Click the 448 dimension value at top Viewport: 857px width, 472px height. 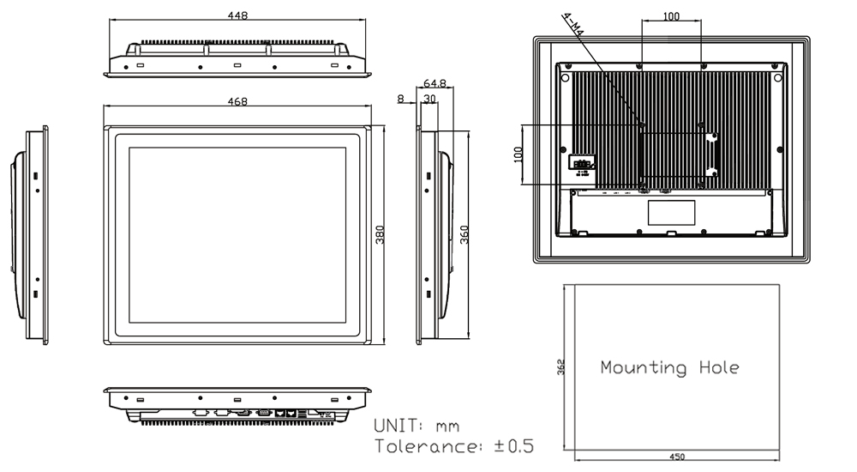(x=238, y=15)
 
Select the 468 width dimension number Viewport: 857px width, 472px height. (x=237, y=102)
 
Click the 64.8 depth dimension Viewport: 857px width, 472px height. (x=434, y=84)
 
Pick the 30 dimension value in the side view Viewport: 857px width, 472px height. (x=429, y=99)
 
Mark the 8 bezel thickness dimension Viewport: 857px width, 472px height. (x=401, y=99)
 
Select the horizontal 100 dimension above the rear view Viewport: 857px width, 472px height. (x=672, y=16)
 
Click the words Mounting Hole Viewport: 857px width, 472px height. (x=669, y=367)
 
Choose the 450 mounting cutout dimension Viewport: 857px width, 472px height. (x=676, y=457)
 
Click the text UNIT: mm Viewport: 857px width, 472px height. (x=417, y=427)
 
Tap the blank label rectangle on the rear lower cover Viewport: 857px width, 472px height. (x=673, y=212)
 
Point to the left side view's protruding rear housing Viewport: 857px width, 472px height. (x=17, y=236)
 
